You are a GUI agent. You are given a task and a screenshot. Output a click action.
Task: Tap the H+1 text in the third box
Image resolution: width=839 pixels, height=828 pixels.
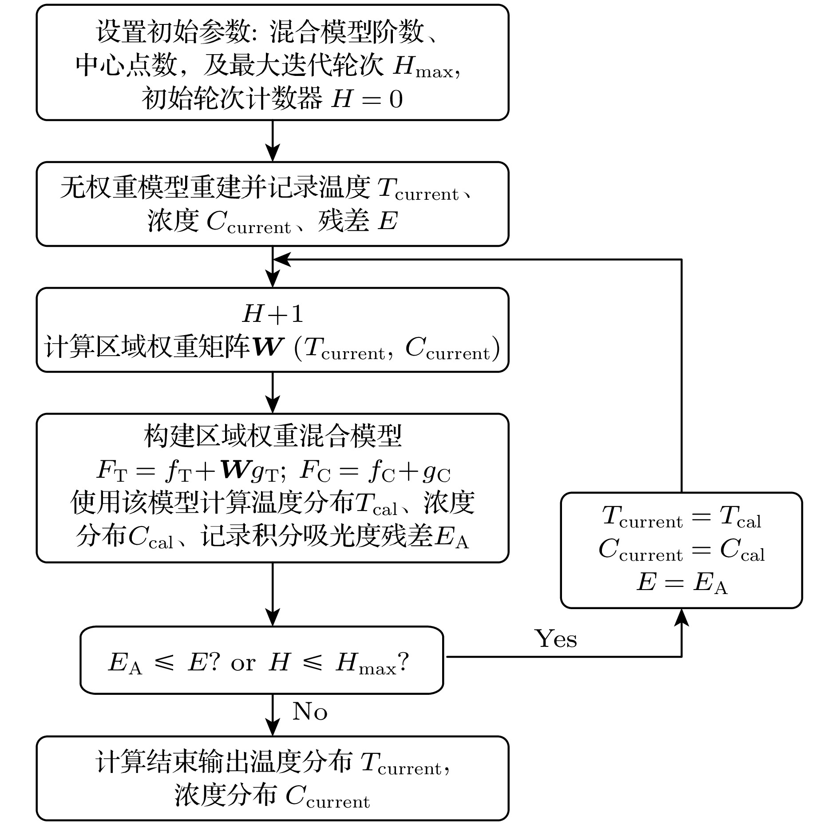273,314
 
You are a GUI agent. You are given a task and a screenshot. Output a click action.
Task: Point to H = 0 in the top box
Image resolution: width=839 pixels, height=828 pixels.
367,99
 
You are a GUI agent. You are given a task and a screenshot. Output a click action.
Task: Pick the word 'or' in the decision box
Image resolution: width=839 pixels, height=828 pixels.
243,663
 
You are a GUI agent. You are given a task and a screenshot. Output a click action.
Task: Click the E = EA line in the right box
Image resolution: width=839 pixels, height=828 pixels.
682,582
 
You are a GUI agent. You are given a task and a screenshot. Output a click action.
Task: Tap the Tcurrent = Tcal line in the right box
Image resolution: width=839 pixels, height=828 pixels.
682,517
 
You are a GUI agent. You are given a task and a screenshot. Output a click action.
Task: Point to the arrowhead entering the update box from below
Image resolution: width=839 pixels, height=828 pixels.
681,617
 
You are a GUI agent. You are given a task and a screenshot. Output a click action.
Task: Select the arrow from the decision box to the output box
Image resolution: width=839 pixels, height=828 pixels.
273,715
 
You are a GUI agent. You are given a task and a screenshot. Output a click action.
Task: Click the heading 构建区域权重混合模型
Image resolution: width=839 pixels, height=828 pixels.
273,436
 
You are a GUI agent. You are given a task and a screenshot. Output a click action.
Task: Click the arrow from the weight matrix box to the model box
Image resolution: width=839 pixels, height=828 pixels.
273,392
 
